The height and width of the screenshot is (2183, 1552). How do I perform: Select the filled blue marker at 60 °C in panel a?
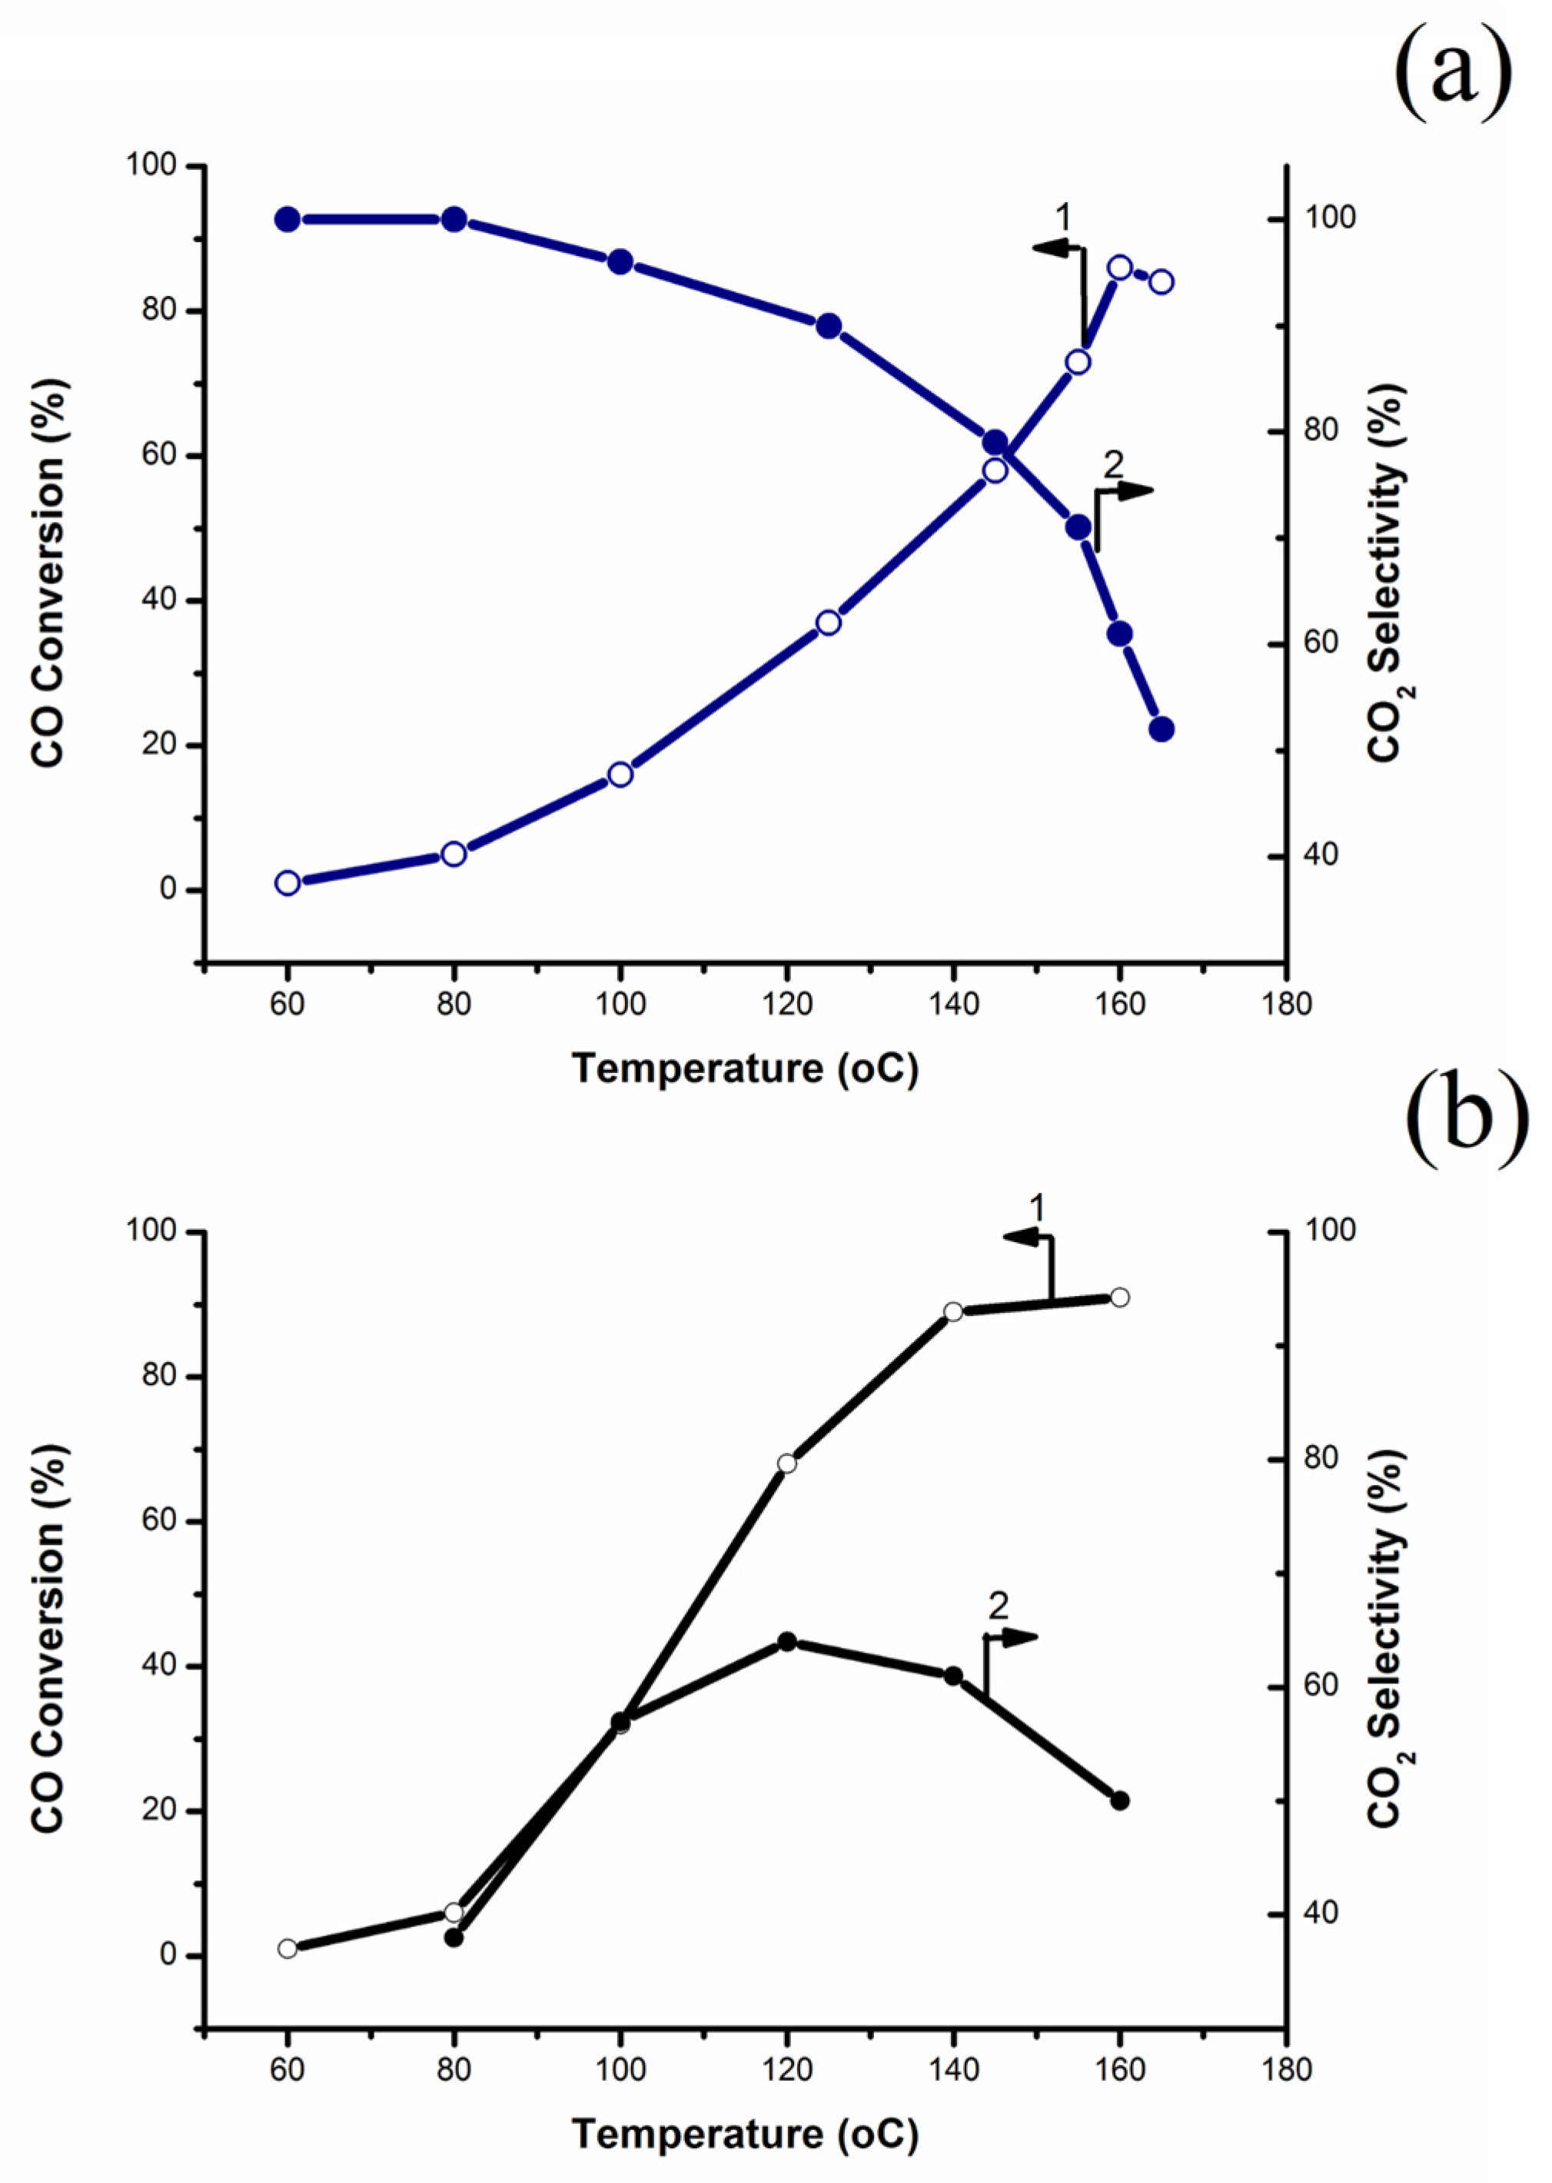tap(287, 220)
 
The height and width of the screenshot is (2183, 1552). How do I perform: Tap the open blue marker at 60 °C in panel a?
tap(287, 882)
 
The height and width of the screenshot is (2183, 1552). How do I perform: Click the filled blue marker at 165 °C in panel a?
tap(1162, 729)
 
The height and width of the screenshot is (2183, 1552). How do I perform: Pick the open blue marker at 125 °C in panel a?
tap(829, 623)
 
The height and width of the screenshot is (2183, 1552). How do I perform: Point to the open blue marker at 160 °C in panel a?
tap(1120, 267)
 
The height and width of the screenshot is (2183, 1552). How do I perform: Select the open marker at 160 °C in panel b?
tap(1120, 1297)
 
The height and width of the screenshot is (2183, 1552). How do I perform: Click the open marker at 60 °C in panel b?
tap(287, 1949)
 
